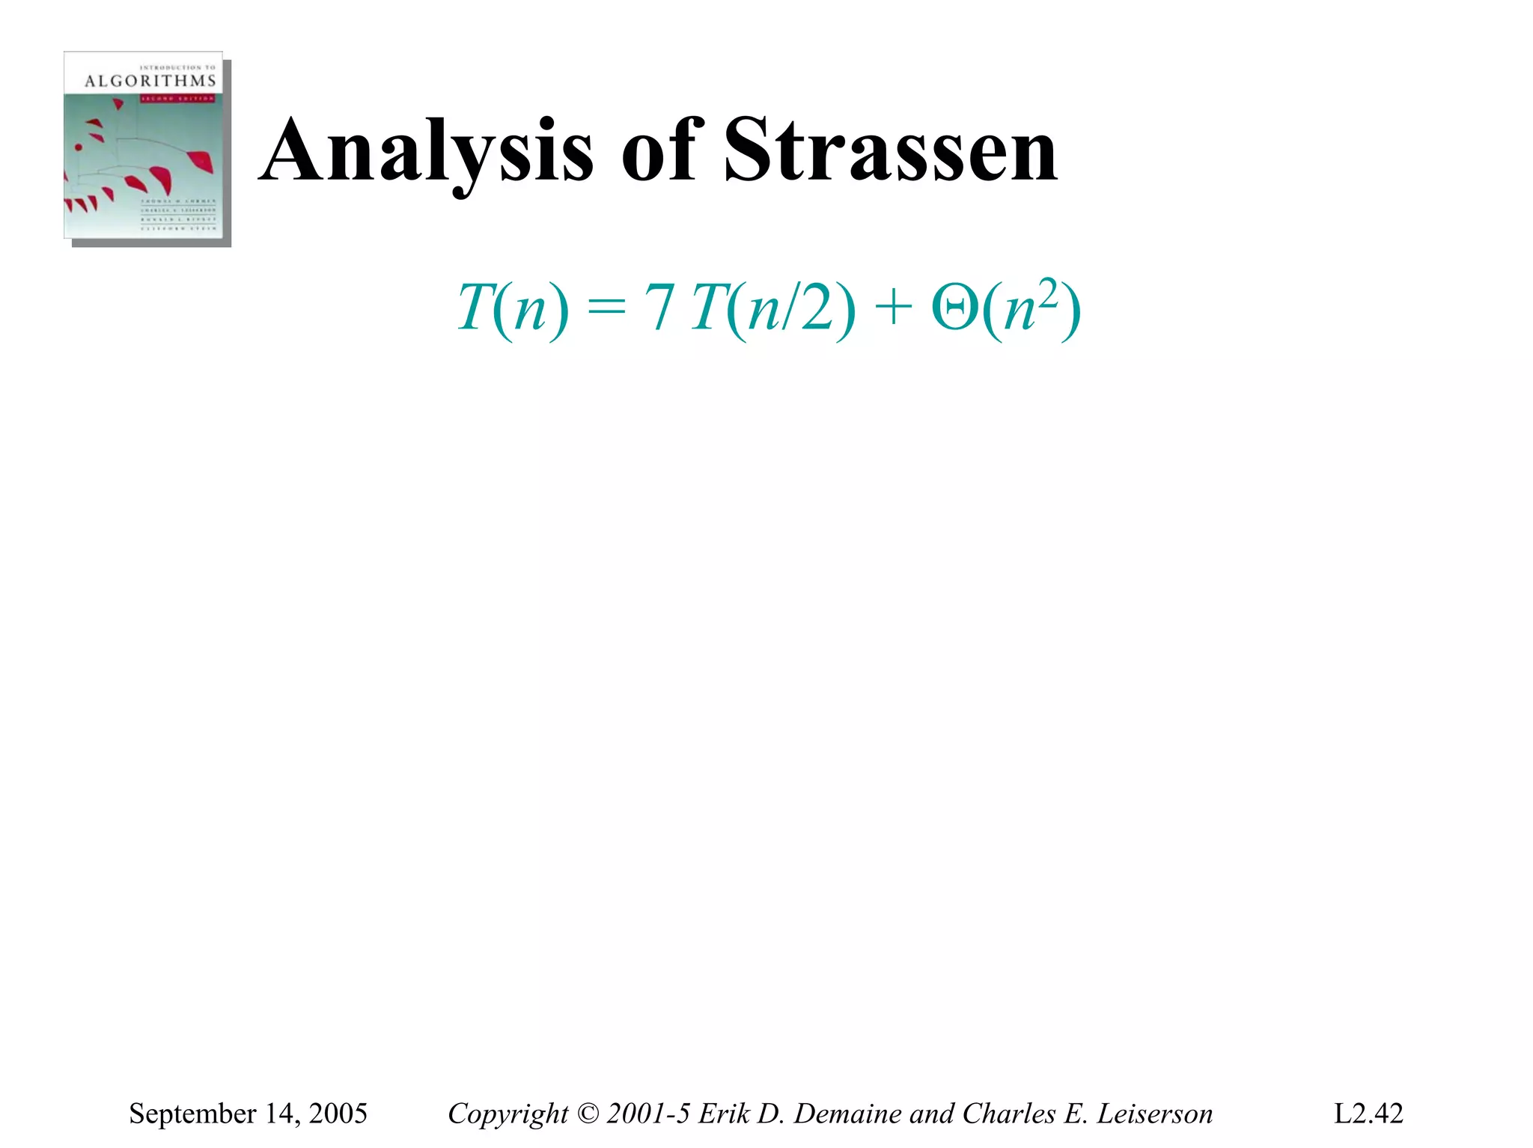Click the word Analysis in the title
428,151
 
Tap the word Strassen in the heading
890,151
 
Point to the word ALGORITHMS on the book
150,81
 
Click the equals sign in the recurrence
606,308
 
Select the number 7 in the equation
660,308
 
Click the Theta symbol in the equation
954,308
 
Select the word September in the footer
192,1114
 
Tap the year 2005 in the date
338,1114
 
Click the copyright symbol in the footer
588,1114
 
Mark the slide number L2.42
1368,1114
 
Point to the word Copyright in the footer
508,1114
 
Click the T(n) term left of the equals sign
513,308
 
